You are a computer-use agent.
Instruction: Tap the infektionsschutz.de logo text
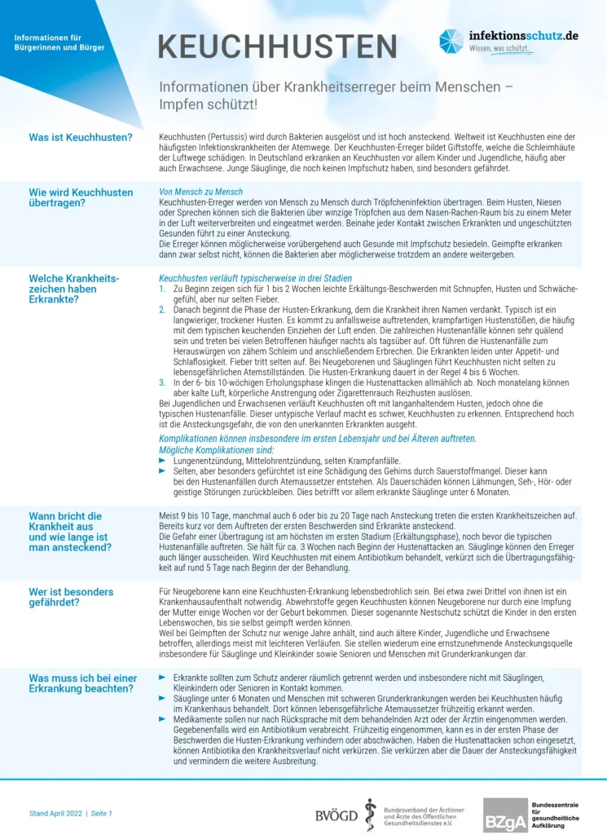(x=523, y=36)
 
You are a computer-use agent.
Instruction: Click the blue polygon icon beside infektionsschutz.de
(x=451, y=41)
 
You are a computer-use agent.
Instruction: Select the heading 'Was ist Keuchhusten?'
(x=81, y=137)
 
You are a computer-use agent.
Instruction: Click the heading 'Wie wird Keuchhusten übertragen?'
(x=81, y=198)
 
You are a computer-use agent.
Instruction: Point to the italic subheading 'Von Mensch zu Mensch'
(x=189, y=192)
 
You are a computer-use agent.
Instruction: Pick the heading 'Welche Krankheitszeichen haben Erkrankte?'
(x=74, y=289)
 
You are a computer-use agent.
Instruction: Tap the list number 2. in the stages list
(x=162, y=310)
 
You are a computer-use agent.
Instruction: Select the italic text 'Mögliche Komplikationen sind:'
(x=216, y=449)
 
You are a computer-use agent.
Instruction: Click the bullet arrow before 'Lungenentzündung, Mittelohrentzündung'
(x=162, y=461)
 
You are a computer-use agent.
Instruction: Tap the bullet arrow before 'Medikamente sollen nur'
(x=162, y=719)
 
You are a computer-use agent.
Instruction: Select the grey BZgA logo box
(x=505, y=815)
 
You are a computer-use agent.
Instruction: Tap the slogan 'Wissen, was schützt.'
(x=500, y=49)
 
